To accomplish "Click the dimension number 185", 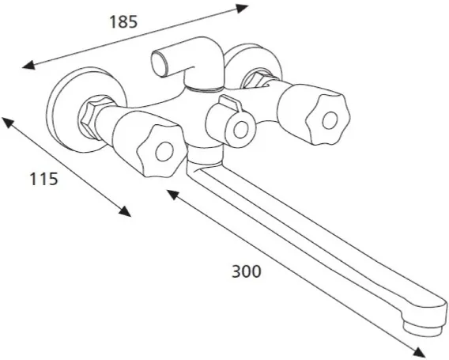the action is [123, 22].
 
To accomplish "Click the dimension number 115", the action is [43, 179].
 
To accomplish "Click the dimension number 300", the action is [247, 271].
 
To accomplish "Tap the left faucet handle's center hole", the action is [164, 151].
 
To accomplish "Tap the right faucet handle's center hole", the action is [330, 121].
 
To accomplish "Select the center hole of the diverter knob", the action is [240, 130].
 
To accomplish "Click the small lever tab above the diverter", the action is [230, 103].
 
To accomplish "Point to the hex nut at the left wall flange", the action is [90, 117].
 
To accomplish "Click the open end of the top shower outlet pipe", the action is [159, 63].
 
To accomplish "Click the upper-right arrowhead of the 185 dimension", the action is [241, 9].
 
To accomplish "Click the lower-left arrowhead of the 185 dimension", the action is [28, 66].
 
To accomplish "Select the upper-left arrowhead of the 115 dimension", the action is [8, 123].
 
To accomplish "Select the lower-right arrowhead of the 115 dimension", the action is [125, 211].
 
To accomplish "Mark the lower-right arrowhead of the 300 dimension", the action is [420, 352].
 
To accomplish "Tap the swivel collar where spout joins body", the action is [204, 156].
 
